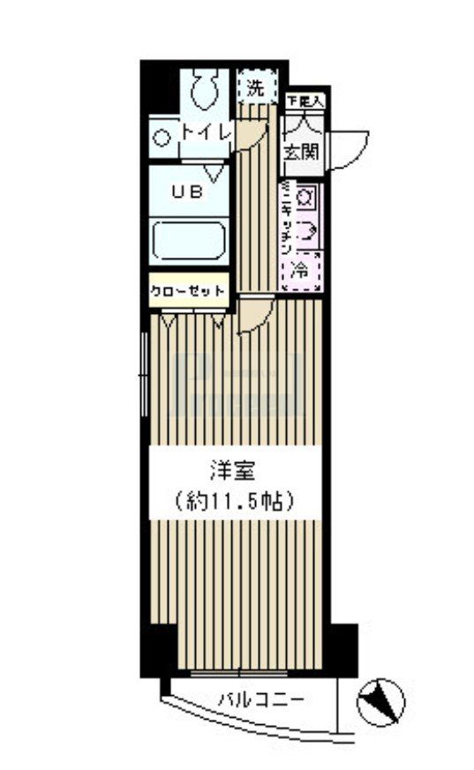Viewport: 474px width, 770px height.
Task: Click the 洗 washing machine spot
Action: coord(255,87)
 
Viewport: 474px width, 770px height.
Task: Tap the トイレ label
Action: coord(206,131)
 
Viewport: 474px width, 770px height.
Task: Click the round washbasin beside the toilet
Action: coord(162,137)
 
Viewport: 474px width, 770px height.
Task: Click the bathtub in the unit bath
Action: coord(189,240)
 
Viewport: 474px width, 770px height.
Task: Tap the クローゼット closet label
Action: coord(188,291)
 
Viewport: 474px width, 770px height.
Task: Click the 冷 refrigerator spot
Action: coord(301,268)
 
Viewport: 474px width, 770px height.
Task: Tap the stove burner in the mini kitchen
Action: coord(304,198)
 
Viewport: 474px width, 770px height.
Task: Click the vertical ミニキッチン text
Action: coord(286,221)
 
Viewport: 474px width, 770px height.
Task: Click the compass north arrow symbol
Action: coord(381,701)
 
